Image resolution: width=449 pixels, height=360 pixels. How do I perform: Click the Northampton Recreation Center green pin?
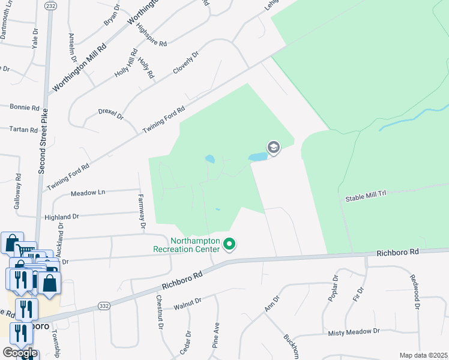tap(229, 244)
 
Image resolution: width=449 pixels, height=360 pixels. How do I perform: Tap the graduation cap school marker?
tap(274, 148)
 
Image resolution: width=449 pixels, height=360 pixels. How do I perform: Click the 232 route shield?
tap(50, 5)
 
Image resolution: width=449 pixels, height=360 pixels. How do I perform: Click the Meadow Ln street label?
tap(88, 193)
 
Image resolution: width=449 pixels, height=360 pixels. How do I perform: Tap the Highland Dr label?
tap(62, 217)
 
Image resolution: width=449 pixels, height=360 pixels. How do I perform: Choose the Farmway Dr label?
tap(142, 211)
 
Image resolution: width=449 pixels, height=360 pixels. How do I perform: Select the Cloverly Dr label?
tap(185, 62)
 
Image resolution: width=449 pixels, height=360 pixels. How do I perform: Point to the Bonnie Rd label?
tap(24, 107)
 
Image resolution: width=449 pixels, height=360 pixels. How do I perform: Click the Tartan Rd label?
tap(24, 130)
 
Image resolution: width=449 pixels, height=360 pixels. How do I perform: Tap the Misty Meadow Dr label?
tap(354, 331)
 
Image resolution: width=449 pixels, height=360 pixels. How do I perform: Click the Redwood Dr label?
tap(414, 292)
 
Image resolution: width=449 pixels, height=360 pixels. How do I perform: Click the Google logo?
tap(20, 353)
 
